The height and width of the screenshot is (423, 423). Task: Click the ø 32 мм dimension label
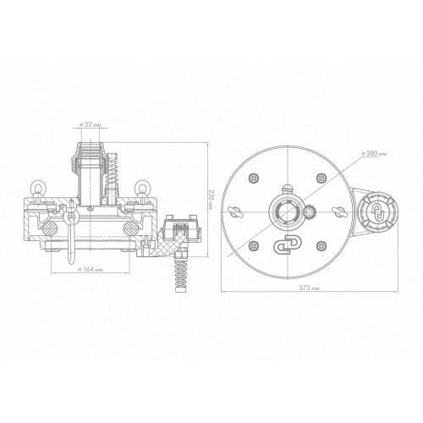pyautogui.click(x=90, y=124)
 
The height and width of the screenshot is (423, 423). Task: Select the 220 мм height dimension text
pyautogui.click(x=211, y=199)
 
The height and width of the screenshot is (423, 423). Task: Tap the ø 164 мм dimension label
pyautogui.click(x=91, y=269)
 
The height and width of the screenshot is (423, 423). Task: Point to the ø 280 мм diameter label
pyautogui.click(x=374, y=154)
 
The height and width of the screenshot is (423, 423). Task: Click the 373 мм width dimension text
pyautogui.click(x=310, y=288)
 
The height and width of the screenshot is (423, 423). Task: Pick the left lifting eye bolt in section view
pyautogui.click(x=37, y=190)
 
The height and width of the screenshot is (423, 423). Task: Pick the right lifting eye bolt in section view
pyautogui.click(x=141, y=190)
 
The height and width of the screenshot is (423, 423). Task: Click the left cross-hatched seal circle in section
pyautogui.click(x=49, y=227)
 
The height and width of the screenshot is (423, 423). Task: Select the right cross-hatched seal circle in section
pyautogui.click(x=130, y=227)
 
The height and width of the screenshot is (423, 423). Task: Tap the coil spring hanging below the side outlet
pyautogui.click(x=181, y=272)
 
